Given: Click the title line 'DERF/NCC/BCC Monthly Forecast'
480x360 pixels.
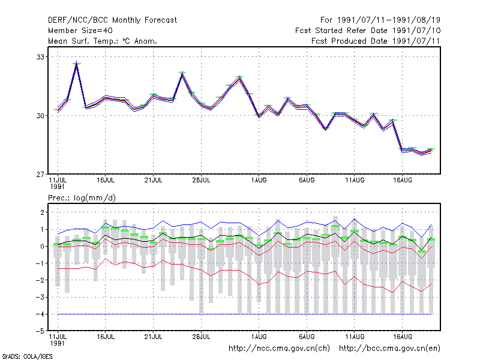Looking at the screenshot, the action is [x=112, y=20].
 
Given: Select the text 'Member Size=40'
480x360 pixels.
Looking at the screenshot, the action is [x=80, y=31].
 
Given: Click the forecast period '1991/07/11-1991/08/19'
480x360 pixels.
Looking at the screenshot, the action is [x=389, y=20].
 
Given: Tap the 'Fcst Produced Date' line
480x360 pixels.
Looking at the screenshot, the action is [x=376, y=41].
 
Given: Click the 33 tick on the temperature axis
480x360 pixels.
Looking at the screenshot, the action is [x=40, y=57].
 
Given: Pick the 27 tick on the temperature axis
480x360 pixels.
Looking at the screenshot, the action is [x=40, y=175].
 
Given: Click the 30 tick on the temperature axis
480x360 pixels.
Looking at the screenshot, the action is [x=40, y=116].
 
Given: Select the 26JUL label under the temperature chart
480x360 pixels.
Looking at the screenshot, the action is [x=201, y=181].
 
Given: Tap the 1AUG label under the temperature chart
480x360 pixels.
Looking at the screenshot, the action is [x=259, y=181].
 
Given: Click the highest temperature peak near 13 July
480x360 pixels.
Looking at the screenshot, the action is [x=77, y=62].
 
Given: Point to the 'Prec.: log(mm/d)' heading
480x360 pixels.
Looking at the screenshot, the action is [x=82, y=198].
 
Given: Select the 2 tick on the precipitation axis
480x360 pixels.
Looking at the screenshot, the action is [x=42, y=212].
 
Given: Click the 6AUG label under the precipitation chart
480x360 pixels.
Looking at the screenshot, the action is [x=307, y=337].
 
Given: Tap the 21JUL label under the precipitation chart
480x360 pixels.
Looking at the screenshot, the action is [x=153, y=337].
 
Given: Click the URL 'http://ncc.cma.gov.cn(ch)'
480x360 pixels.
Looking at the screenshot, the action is [x=279, y=349].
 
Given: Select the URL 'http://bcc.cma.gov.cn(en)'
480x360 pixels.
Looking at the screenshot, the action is [x=389, y=349].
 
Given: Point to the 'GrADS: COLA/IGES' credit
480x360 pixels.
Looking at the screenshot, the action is [x=27, y=356].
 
